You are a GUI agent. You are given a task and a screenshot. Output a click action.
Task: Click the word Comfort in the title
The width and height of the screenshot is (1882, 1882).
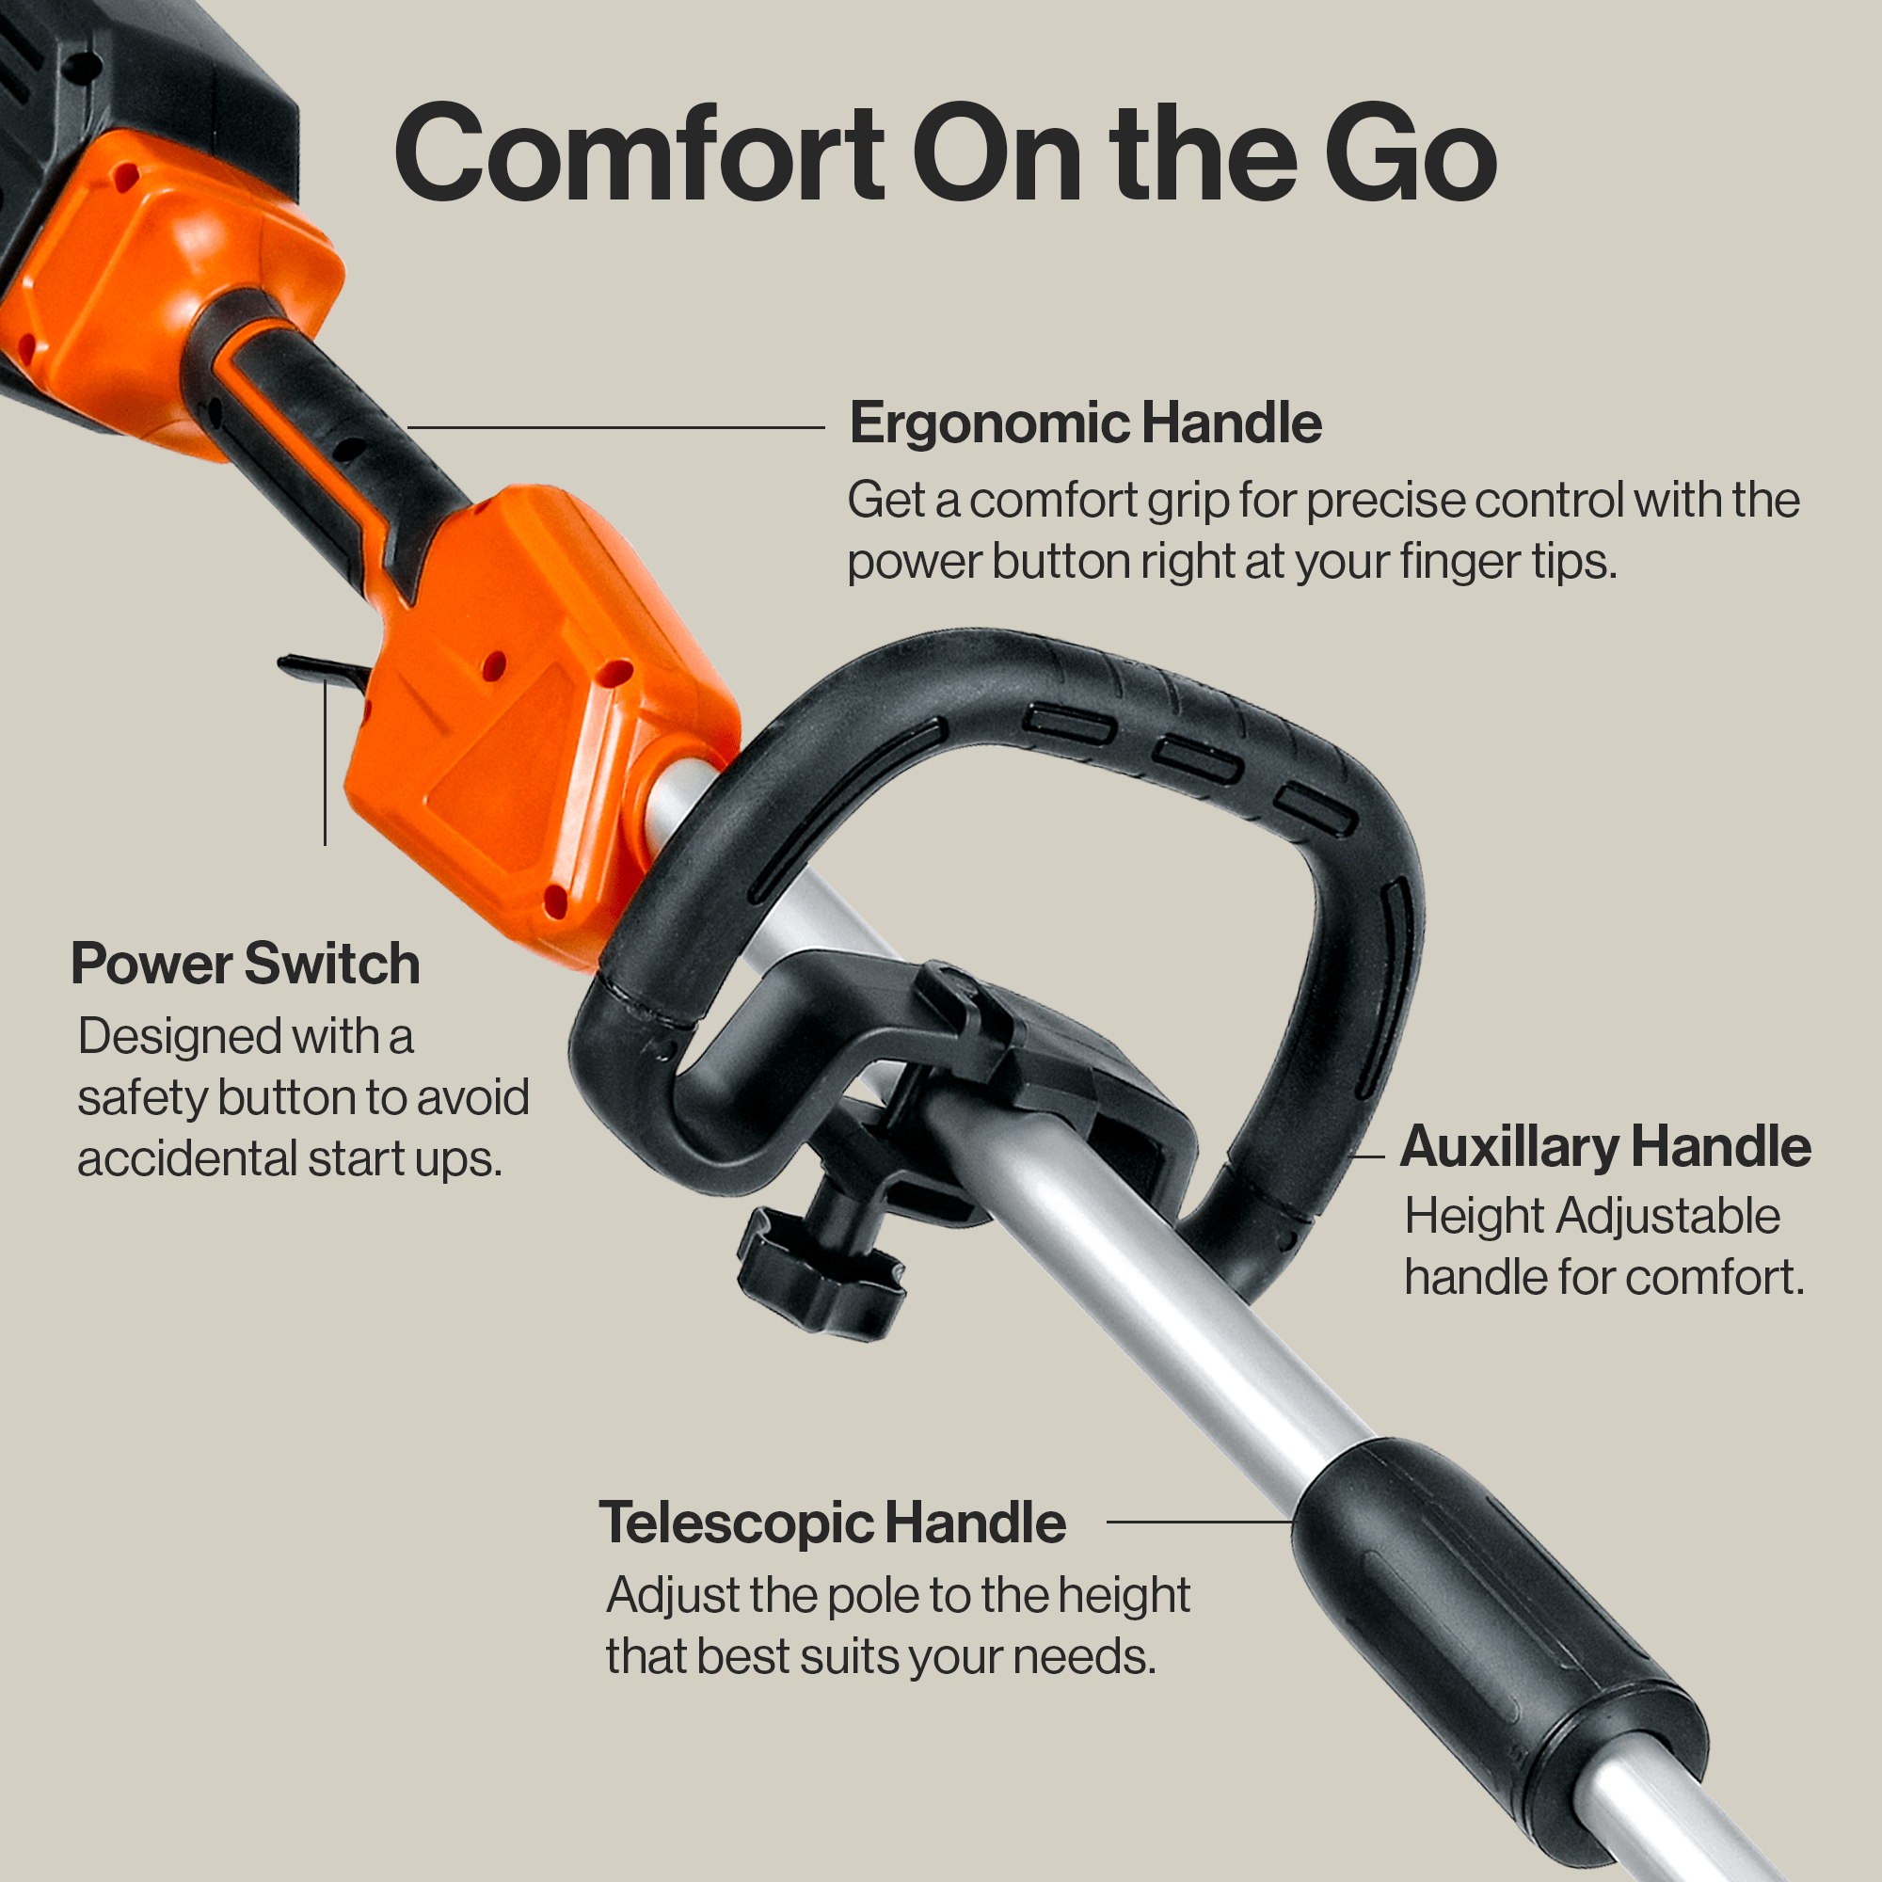click(x=638, y=156)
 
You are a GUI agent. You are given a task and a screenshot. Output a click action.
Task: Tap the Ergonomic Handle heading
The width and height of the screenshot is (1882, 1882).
click(x=1084, y=423)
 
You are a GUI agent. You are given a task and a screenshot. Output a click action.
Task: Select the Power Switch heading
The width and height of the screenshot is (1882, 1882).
click(x=246, y=965)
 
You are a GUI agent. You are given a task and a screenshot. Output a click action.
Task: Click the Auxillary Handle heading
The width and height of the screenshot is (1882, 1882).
click(x=1604, y=1146)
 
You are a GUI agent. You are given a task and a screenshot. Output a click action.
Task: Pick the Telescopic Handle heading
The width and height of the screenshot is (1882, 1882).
click(x=832, y=1523)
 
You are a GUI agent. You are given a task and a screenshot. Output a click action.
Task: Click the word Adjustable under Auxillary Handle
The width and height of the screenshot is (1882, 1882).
click(x=1667, y=1217)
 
